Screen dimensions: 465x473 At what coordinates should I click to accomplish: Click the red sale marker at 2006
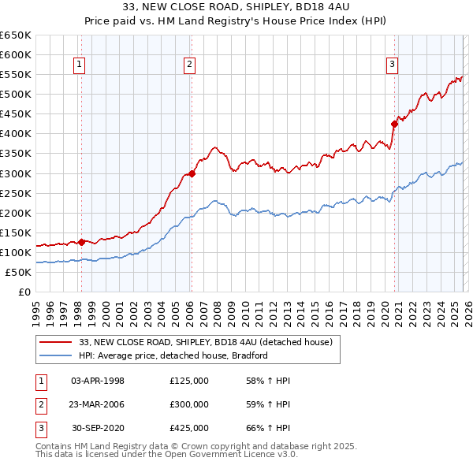click(191, 173)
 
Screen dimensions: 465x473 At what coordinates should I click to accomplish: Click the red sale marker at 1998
click(81, 242)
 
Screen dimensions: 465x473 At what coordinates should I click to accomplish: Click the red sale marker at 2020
click(393, 124)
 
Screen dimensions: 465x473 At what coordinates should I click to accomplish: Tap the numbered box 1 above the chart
click(80, 65)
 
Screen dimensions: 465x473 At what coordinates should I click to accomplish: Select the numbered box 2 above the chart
click(190, 65)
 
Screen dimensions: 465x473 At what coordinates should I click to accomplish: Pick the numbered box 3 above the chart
click(392, 65)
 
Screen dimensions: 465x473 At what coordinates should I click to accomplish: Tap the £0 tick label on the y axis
click(24, 292)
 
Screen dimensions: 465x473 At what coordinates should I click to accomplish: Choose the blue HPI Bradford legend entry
click(173, 355)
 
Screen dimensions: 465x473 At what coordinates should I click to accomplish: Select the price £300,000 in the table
click(189, 404)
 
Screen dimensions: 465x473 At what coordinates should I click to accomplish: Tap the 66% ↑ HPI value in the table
click(268, 428)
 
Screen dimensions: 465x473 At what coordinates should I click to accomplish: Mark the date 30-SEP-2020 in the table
click(97, 428)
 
